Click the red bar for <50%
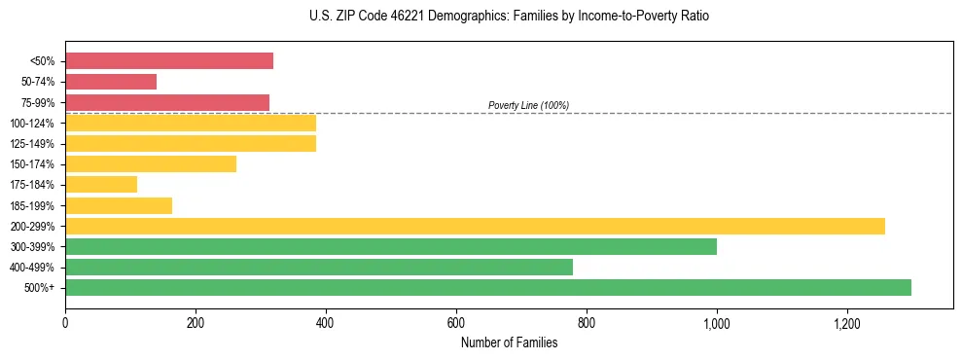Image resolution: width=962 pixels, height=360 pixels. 169,61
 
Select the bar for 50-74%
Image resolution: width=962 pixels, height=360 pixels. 111,82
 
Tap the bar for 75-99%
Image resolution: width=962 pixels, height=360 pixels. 167,102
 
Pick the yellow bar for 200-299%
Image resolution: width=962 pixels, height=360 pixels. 475,226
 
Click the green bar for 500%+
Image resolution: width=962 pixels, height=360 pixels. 488,287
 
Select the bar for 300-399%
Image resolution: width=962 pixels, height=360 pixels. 391,246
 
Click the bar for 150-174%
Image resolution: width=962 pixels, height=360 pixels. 151,163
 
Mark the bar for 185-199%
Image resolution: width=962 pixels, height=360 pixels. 119,205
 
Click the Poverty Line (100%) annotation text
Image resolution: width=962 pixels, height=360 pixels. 528,105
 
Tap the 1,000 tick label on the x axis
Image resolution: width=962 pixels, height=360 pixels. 717,323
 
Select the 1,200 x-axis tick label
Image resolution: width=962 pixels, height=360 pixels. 847,323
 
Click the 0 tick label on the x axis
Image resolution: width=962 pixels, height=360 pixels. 65,323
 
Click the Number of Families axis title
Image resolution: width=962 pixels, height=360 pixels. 509,342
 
